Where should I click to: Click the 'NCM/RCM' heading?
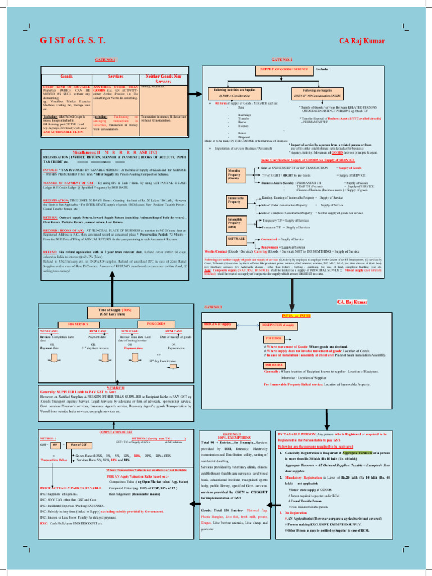115,388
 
